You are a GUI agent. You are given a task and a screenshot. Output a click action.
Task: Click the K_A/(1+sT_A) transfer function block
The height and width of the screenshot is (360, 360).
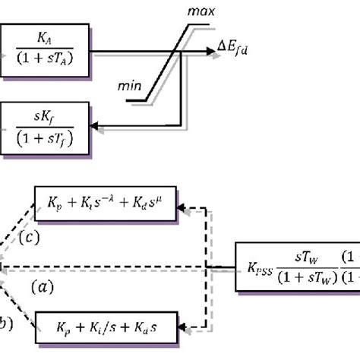click(46, 48)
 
